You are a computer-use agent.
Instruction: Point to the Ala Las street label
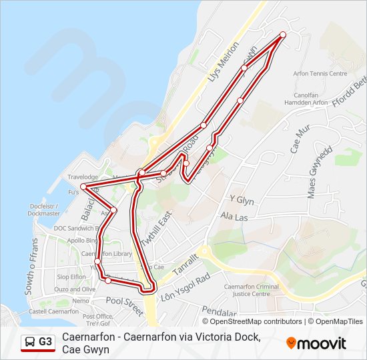pos(234,217)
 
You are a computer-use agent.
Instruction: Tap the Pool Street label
pos(125,306)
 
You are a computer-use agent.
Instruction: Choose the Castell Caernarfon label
pos(53,311)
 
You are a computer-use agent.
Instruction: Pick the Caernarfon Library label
pos(106,254)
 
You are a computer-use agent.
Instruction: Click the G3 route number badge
pos(45,342)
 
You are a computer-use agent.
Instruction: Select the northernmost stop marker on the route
pos(283,35)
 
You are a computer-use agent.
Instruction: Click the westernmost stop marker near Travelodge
pos(83,186)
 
